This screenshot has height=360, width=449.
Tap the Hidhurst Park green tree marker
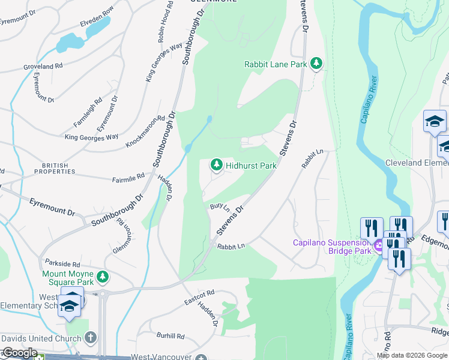click(x=215, y=164)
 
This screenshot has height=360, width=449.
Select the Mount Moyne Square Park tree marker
click(x=104, y=276)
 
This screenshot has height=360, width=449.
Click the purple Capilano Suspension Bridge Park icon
click(x=378, y=246)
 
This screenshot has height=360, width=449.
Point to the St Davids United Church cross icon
click(x=91, y=338)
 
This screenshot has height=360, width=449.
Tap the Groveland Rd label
click(x=43, y=66)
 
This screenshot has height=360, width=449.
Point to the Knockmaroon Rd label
click(x=145, y=133)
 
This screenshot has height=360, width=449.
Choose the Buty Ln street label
click(x=219, y=207)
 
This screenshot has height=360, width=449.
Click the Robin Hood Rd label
click(x=166, y=22)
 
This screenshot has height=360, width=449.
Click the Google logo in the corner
click(x=20, y=353)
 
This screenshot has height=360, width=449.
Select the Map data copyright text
click(x=412, y=355)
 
